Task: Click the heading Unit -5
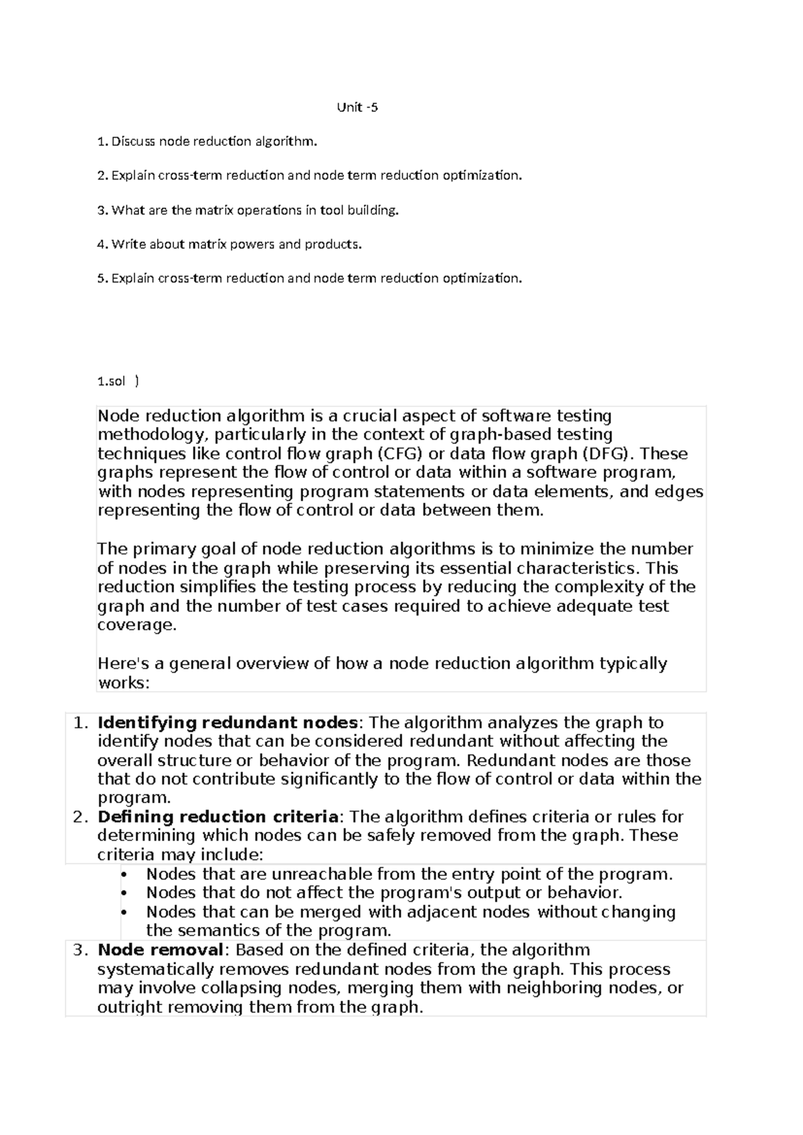pyautogui.click(x=357, y=107)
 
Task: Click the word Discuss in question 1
pyautogui.click(x=132, y=141)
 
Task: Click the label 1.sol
pyautogui.click(x=111, y=381)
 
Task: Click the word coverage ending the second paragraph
pyautogui.click(x=136, y=625)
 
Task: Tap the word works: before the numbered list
pyautogui.click(x=124, y=683)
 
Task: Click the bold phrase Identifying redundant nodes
pyautogui.click(x=228, y=723)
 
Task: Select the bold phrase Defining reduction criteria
pyautogui.click(x=218, y=817)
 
